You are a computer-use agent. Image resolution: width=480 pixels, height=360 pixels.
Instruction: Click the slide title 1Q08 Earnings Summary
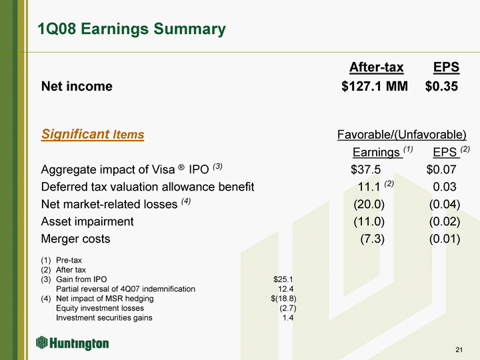click(131, 29)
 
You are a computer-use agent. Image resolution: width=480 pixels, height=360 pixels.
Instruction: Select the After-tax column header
click(376, 67)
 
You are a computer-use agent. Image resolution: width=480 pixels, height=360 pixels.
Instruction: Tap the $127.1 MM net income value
click(375, 86)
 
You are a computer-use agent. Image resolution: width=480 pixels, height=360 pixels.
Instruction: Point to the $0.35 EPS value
click(441, 86)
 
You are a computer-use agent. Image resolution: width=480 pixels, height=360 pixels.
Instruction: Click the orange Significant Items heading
click(93, 134)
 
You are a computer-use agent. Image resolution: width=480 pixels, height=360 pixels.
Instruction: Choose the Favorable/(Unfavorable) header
click(401, 135)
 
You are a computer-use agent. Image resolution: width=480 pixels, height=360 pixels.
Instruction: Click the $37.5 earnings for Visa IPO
click(365, 169)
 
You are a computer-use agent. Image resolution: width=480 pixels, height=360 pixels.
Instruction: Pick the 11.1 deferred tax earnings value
click(369, 187)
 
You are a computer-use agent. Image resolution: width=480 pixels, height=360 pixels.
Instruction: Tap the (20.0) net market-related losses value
click(369, 204)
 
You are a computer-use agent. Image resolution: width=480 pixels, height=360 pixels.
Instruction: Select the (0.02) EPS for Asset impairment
click(445, 221)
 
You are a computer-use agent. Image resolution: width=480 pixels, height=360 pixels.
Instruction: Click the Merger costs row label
click(75, 239)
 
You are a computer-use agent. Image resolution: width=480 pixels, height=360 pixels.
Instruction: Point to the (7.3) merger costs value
click(372, 239)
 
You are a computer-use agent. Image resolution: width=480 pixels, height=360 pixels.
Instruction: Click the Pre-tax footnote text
click(69, 260)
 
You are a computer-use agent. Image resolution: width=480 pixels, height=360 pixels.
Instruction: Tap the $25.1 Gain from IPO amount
click(283, 279)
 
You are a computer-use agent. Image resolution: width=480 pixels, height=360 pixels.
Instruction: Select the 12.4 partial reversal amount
click(285, 289)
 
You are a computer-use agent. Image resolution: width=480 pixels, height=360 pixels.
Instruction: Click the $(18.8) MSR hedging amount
click(283, 299)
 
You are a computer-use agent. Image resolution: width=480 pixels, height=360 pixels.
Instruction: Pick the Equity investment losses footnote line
click(100, 308)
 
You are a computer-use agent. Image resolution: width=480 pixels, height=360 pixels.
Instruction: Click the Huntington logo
click(72, 343)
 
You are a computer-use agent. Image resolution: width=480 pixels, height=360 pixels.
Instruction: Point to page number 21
click(459, 350)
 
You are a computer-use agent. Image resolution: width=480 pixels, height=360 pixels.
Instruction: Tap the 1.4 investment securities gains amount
click(288, 318)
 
